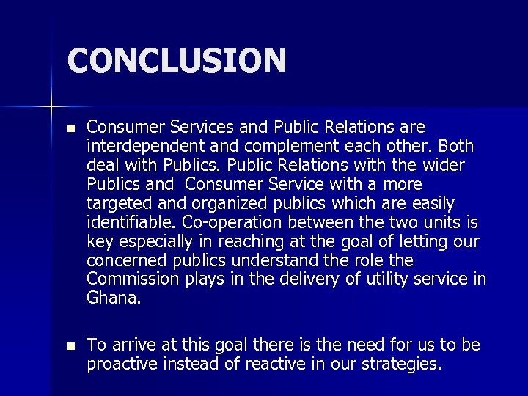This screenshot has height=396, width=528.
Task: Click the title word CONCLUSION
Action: coord(176,60)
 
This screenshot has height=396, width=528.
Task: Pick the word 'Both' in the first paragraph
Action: coord(457,145)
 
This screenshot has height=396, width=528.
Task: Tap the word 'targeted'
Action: coord(119,202)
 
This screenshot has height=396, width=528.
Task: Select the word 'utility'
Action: coord(406,279)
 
